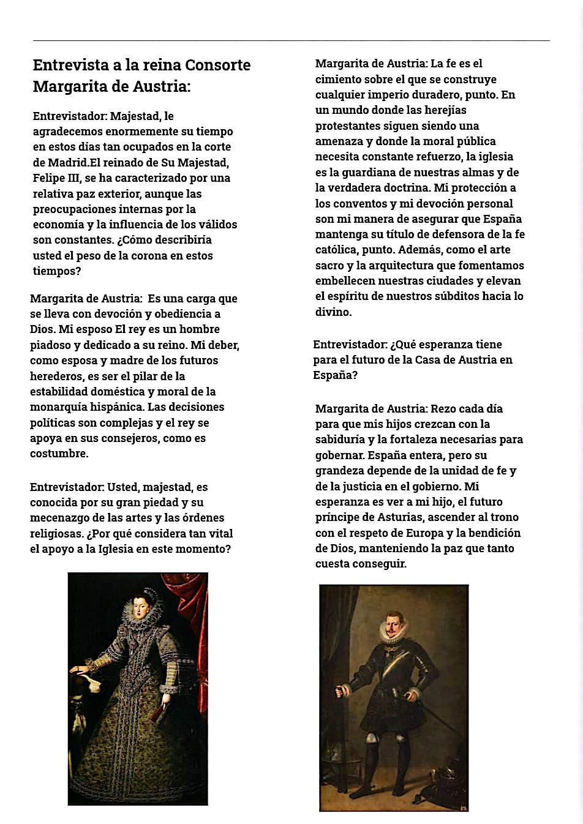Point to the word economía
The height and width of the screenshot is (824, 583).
(x=58, y=224)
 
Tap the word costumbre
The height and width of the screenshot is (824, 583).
(x=59, y=454)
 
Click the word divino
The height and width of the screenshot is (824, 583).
(x=333, y=312)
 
